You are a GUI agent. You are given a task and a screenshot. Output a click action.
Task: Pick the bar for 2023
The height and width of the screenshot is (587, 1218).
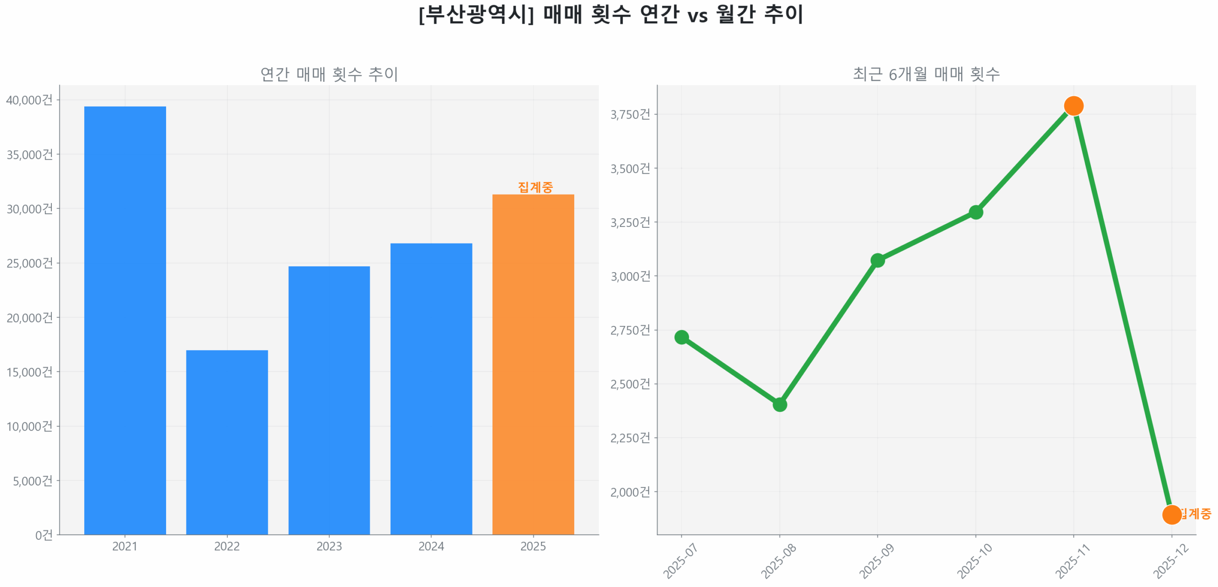tap(329, 400)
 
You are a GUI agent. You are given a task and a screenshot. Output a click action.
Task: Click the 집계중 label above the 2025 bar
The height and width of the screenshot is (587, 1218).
tap(535, 187)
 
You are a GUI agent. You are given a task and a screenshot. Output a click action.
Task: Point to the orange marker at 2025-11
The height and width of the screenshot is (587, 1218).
tap(1073, 106)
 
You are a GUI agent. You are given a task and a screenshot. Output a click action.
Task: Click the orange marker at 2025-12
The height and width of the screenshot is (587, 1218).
tap(1171, 514)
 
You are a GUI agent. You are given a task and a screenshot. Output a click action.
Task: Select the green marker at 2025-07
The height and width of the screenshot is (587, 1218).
tap(681, 337)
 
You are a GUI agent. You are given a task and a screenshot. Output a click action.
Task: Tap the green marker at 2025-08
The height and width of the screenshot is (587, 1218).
tap(779, 404)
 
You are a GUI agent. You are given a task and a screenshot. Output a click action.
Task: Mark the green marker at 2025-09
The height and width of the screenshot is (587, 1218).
tap(877, 260)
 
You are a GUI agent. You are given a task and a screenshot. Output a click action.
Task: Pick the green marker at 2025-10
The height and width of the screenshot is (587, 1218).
tap(975, 212)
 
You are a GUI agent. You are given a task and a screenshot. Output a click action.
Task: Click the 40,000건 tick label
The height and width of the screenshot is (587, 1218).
tap(29, 100)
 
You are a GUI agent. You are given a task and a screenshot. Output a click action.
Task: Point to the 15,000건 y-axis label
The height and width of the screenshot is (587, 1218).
tap(29, 372)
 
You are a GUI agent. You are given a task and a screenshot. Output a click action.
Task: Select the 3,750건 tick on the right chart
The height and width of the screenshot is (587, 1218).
tap(630, 114)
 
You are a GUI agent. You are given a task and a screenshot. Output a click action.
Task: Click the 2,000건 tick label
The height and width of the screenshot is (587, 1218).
tap(630, 491)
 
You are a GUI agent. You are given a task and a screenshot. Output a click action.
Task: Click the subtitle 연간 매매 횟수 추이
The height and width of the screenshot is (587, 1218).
tap(329, 74)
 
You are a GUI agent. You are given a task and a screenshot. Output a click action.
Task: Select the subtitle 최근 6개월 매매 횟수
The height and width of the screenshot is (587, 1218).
tap(926, 74)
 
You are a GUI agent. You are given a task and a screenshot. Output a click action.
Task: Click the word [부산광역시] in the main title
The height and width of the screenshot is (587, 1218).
tap(476, 14)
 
